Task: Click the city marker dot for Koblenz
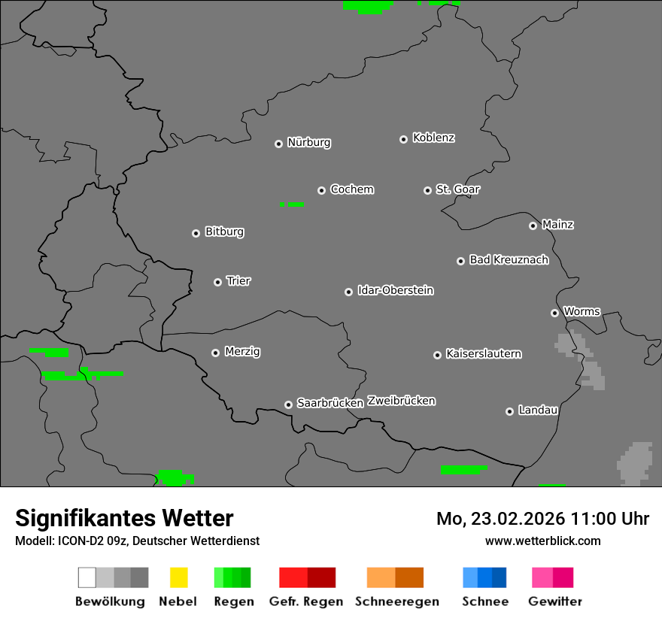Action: (403, 139)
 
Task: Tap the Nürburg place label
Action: (309, 142)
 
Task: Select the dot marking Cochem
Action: (321, 190)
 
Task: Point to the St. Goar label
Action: (457, 189)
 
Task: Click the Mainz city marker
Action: (533, 226)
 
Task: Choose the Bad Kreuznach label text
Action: (509, 260)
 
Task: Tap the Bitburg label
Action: (224, 232)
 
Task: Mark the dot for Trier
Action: (217, 282)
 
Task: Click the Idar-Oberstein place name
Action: (396, 290)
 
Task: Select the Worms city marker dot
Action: (554, 313)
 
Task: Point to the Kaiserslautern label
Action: (484, 353)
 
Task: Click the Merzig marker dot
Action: (215, 353)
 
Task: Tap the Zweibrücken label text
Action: (401, 401)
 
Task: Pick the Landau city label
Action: (538, 410)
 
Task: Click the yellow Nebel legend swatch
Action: (178, 577)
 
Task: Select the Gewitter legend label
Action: (555, 601)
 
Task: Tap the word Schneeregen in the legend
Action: (397, 601)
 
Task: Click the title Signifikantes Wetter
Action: (124, 518)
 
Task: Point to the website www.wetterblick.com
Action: (542, 541)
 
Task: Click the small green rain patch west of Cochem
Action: (292, 204)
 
